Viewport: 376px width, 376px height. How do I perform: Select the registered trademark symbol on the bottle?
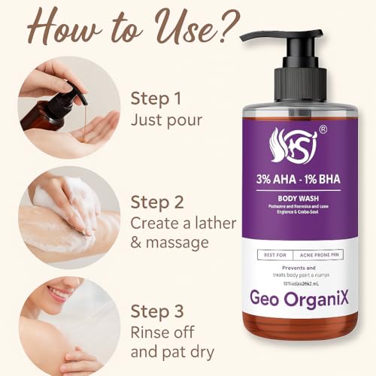323,129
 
